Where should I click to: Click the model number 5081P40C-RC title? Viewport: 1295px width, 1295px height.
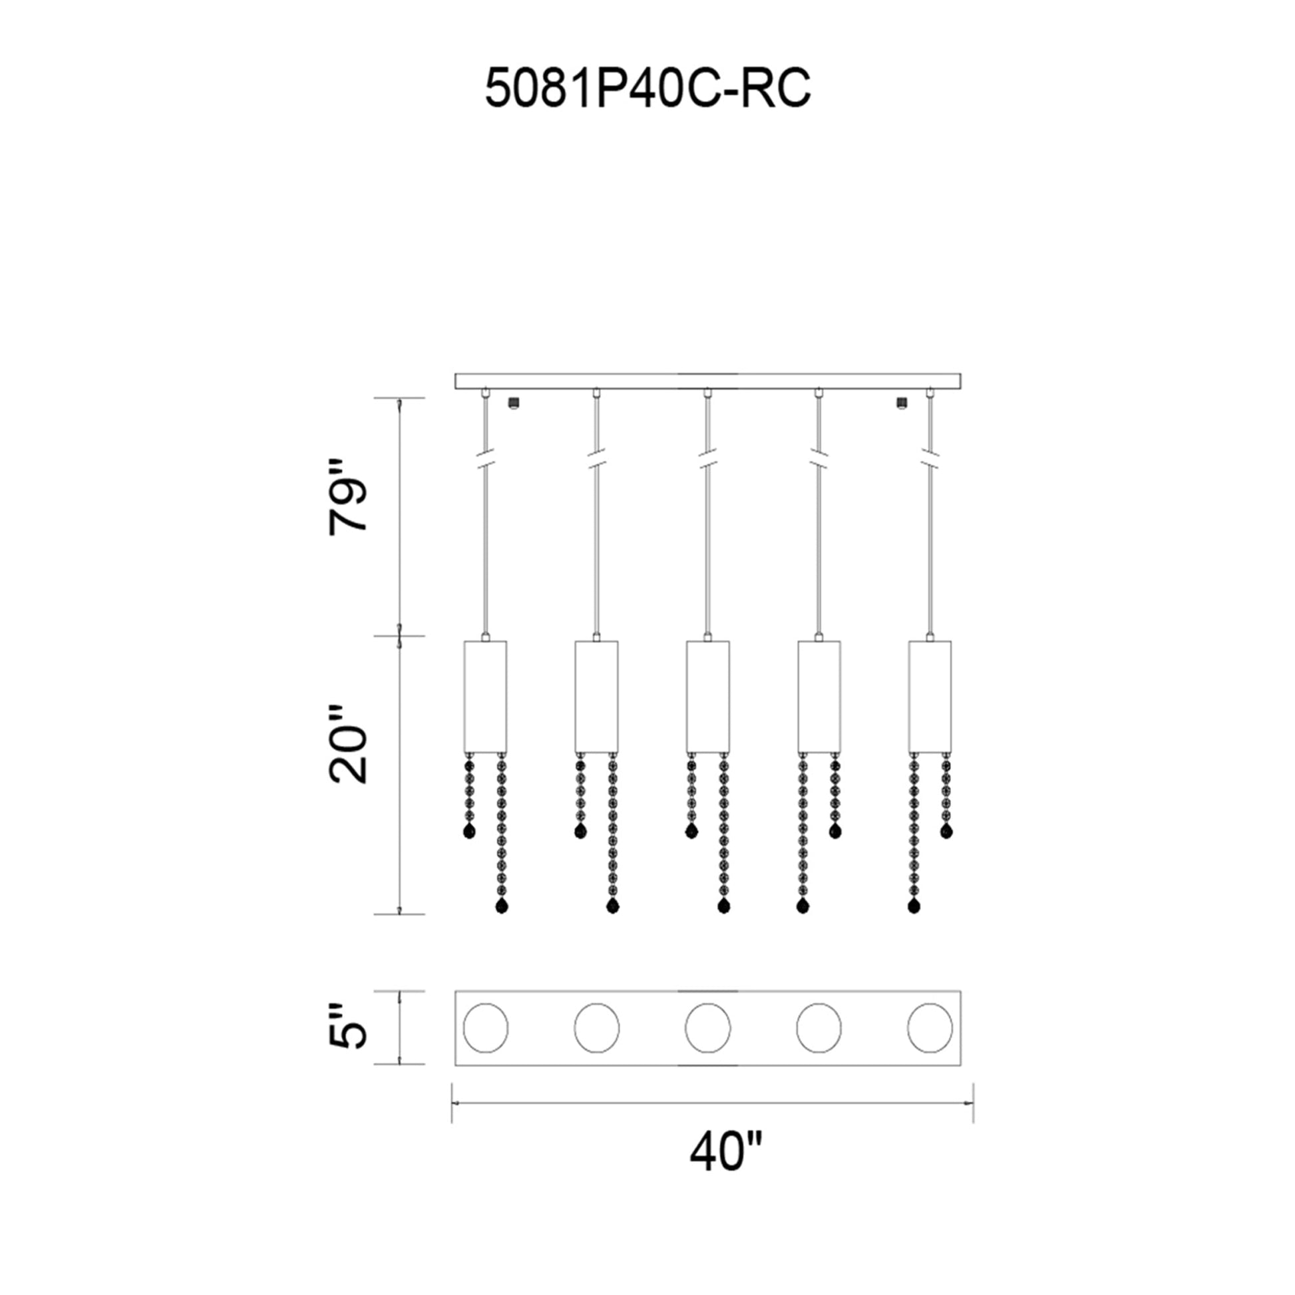click(x=647, y=88)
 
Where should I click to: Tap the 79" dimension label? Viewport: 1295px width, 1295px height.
click(x=349, y=496)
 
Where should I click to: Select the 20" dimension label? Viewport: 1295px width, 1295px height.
click(x=349, y=744)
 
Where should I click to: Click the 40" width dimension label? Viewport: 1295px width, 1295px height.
click(x=726, y=1151)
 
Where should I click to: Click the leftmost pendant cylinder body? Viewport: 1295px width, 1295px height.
click(x=484, y=697)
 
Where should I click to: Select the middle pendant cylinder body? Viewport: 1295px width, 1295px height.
click(x=707, y=697)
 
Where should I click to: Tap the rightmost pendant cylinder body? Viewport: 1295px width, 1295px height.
click(x=930, y=697)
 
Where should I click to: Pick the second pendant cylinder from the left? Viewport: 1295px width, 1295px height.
click(x=596, y=697)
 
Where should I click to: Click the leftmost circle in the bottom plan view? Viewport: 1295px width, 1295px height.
click(x=485, y=1027)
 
